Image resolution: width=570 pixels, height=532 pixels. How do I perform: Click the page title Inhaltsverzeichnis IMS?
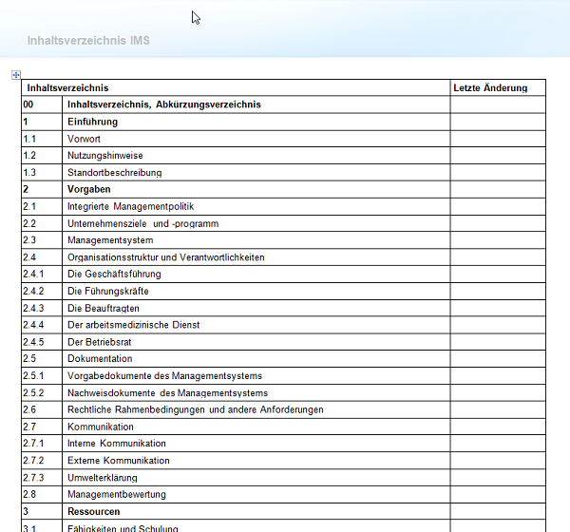click(x=88, y=41)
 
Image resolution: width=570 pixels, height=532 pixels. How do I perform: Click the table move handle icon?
click(x=15, y=75)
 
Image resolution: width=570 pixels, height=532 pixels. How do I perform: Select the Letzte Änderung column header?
click(x=489, y=88)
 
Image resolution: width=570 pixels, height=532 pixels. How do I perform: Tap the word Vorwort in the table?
click(x=84, y=139)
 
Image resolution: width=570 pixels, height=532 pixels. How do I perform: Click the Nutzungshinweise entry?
click(x=105, y=156)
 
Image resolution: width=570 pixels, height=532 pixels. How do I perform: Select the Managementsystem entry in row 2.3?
click(x=110, y=240)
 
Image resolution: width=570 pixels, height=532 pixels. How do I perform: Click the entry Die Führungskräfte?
click(x=108, y=291)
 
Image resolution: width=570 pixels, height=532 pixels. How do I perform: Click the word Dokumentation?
click(x=100, y=359)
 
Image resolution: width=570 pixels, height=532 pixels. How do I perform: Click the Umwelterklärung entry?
click(x=103, y=478)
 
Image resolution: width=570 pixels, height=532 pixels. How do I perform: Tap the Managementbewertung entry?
click(x=117, y=495)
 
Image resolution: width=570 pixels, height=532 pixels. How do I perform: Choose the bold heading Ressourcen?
click(x=93, y=511)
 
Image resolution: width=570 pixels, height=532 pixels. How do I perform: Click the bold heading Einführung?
click(x=92, y=122)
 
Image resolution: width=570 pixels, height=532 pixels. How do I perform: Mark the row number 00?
click(x=28, y=104)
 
